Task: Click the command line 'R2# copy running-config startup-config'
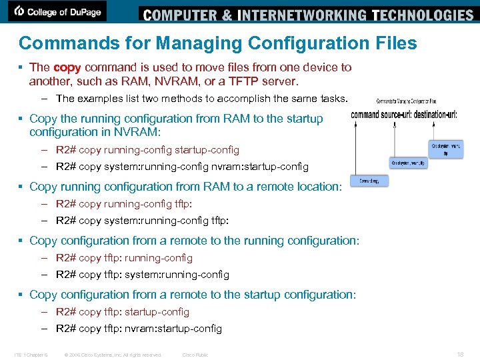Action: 147,150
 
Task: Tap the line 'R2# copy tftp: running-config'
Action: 124,258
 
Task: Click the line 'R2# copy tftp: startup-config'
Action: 123,312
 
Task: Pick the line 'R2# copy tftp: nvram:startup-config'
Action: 139,329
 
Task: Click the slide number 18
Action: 460,355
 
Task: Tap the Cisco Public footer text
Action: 195,355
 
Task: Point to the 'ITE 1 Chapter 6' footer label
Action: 31,355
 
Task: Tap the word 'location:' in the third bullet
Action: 316,187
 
